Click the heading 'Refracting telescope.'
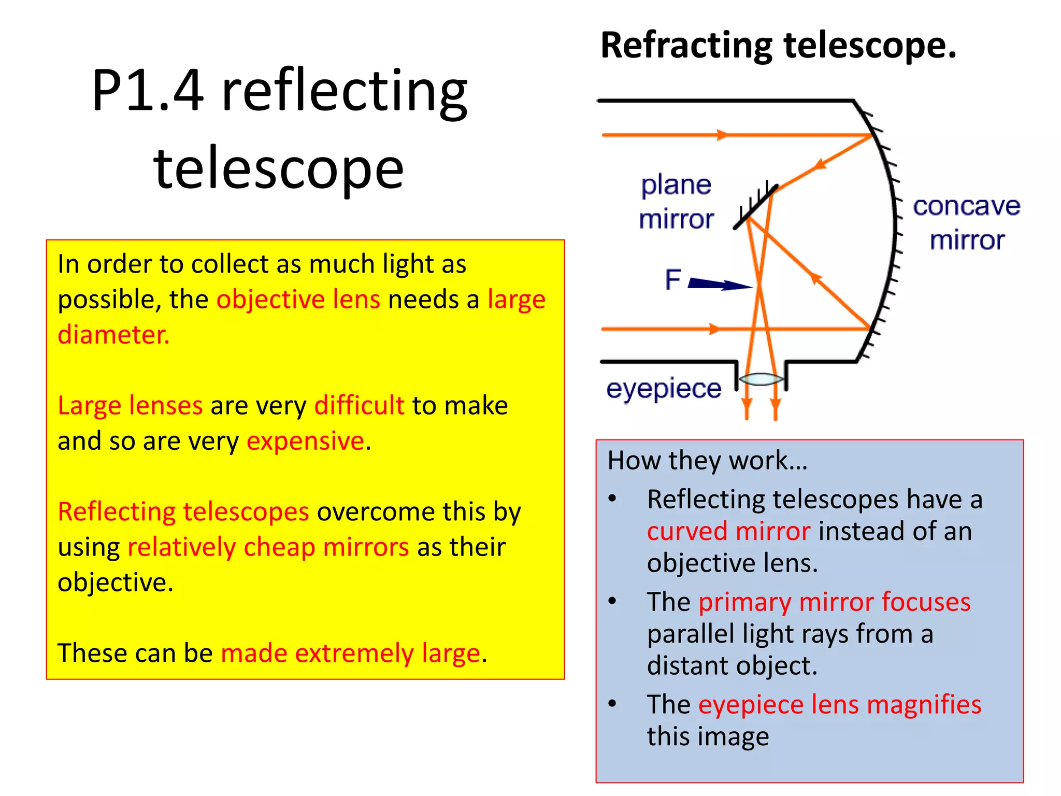click(778, 46)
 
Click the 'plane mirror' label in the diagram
click(676, 202)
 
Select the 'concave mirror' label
click(966, 223)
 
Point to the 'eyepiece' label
click(664, 389)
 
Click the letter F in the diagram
click(673, 280)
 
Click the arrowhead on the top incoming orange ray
click(722, 135)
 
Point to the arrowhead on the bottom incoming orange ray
click(714, 329)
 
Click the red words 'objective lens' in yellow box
click(298, 300)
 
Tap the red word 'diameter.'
click(113, 335)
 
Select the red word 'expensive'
click(306, 441)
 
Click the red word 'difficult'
click(359, 405)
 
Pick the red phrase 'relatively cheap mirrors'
click(268, 547)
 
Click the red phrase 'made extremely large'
click(351, 653)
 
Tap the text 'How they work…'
click(707, 460)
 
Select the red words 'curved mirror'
click(728, 531)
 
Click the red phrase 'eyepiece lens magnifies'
click(839, 705)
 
